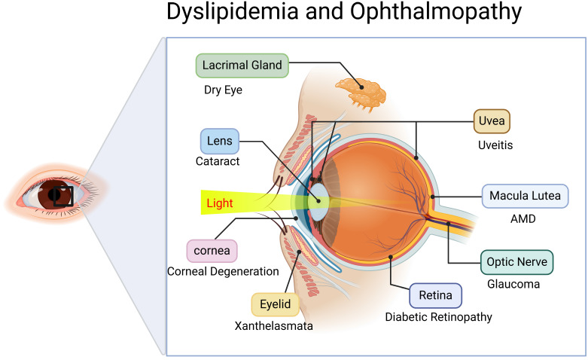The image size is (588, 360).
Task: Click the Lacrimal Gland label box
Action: pos(242,66)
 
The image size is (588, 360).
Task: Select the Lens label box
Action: pos(220,141)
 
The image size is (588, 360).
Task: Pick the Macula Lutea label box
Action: pos(525,197)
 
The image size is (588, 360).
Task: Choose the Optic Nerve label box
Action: pos(516,262)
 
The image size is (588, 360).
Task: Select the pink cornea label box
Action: pos(212,249)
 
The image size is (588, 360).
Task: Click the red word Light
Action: pos(220,203)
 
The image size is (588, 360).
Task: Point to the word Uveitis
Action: pos(495,145)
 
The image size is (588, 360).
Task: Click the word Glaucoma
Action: pos(513,285)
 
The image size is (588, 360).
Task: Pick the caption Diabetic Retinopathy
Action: pos(438,317)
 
